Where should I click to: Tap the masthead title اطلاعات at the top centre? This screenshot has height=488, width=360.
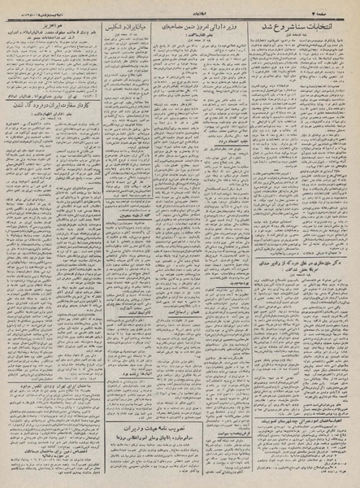click(180, 7)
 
